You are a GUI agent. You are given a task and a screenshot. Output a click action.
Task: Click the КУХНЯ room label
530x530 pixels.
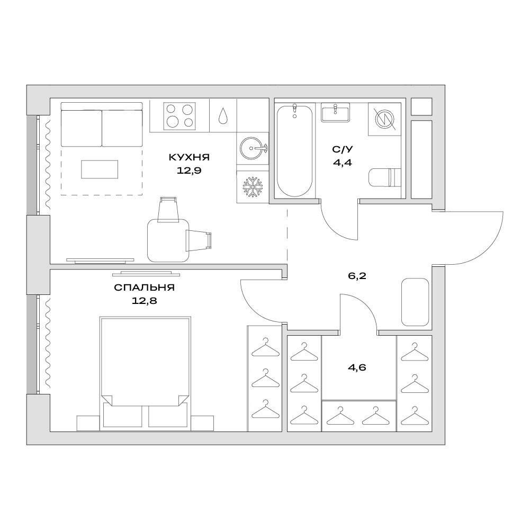[x=189, y=157]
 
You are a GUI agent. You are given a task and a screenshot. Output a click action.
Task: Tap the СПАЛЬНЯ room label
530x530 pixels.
[x=145, y=288]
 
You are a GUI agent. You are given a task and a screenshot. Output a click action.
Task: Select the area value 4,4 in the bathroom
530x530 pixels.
[x=343, y=163]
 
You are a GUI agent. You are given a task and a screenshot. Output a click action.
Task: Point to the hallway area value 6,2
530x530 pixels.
[x=357, y=276]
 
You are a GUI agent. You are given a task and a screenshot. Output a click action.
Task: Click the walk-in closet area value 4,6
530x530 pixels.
[x=357, y=367]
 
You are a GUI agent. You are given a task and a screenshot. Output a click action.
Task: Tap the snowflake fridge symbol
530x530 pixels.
[x=253, y=187]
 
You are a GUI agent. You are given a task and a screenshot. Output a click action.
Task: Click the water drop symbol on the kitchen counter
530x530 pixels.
[x=223, y=115]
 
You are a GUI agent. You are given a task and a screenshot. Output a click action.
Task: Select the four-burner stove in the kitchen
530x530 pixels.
[x=179, y=116]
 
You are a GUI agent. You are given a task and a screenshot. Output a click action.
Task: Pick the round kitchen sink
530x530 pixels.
[x=253, y=148]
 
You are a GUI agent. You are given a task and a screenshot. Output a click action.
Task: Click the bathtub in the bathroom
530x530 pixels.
[x=294, y=150]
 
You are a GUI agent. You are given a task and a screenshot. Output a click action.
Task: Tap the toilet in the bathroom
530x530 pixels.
[x=384, y=177]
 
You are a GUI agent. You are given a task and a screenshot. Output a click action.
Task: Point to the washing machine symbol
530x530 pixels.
[x=384, y=119]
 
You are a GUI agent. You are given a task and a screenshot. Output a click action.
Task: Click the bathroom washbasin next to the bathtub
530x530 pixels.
[x=335, y=113]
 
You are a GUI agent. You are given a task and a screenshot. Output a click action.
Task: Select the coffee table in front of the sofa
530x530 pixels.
[x=100, y=169]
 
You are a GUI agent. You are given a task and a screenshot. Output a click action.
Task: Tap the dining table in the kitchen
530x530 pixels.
[x=168, y=240]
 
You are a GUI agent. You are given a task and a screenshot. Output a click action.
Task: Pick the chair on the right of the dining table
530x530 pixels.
[x=199, y=240]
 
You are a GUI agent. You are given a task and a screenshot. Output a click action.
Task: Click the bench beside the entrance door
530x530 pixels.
[x=415, y=302]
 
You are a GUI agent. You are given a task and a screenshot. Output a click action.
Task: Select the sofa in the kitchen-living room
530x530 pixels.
[x=102, y=124]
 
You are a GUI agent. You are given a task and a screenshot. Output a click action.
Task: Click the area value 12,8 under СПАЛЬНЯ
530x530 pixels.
[x=145, y=301]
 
